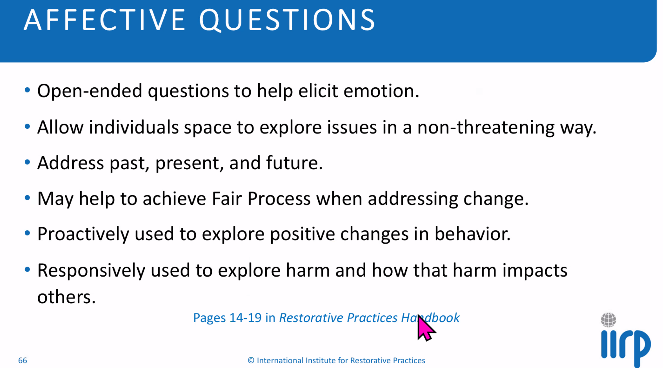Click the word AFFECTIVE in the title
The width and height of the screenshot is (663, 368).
tap(105, 20)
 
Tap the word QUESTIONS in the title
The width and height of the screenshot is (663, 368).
tap(287, 20)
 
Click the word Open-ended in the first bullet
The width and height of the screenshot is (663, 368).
tap(90, 91)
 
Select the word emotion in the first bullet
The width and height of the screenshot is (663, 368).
tap(381, 91)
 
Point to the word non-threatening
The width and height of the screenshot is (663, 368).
tap(486, 128)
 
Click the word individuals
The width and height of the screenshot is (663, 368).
tap(134, 127)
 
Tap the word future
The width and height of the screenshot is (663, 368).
tap(294, 163)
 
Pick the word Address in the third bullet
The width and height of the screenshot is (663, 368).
tap(71, 163)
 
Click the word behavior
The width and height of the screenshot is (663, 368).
tap(472, 234)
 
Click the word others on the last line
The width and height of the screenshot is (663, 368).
tap(66, 297)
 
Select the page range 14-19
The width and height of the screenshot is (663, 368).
tap(245, 318)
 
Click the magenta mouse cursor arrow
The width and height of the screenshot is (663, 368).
tap(425, 327)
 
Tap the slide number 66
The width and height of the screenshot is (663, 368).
tap(23, 361)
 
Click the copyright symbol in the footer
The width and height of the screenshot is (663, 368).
tap(251, 361)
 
